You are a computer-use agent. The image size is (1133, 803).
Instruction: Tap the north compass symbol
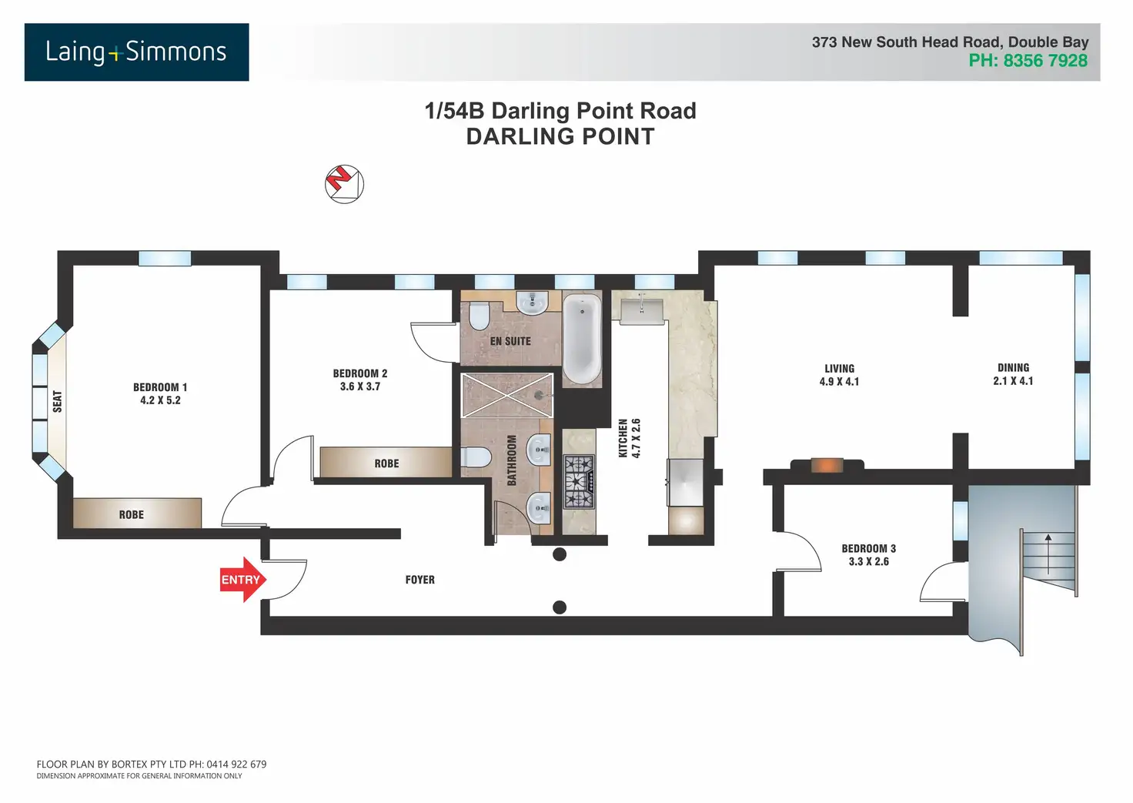click(x=344, y=184)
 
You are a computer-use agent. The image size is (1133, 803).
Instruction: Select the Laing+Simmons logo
click(x=136, y=52)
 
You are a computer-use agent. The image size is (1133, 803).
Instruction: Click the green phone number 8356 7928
click(x=1045, y=61)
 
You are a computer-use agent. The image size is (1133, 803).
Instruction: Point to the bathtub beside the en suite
click(x=582, y=339)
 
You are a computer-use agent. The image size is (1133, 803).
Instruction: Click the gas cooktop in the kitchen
click(x=579, y=482)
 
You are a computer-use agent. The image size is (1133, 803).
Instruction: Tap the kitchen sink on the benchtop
click(x=642, y=311)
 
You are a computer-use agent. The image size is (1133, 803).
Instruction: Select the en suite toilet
click(x=479, y=315)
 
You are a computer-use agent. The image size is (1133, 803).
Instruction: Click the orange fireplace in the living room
click(x=827, y=465)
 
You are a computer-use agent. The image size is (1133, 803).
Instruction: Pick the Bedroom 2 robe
click(x=386, y=462)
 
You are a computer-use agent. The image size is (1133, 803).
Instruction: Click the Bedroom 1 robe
click(x=137, y=513)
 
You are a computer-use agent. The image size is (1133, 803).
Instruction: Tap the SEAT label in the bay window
click(x=58, y=401)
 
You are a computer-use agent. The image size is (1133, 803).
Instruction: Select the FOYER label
click(x=419, y=580)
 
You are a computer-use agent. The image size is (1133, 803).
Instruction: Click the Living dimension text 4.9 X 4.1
click(x=839, y=382)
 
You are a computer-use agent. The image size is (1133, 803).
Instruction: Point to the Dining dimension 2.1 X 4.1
click(x=1013, y=380)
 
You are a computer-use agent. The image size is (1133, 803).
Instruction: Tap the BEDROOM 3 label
click(x=868, y=548)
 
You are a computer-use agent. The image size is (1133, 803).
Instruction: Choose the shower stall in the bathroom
click(x=506, y=395)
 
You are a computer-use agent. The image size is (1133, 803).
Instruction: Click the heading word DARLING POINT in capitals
click(x=560, y=136)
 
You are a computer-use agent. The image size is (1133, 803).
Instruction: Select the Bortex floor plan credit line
click(x=151, y=764)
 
